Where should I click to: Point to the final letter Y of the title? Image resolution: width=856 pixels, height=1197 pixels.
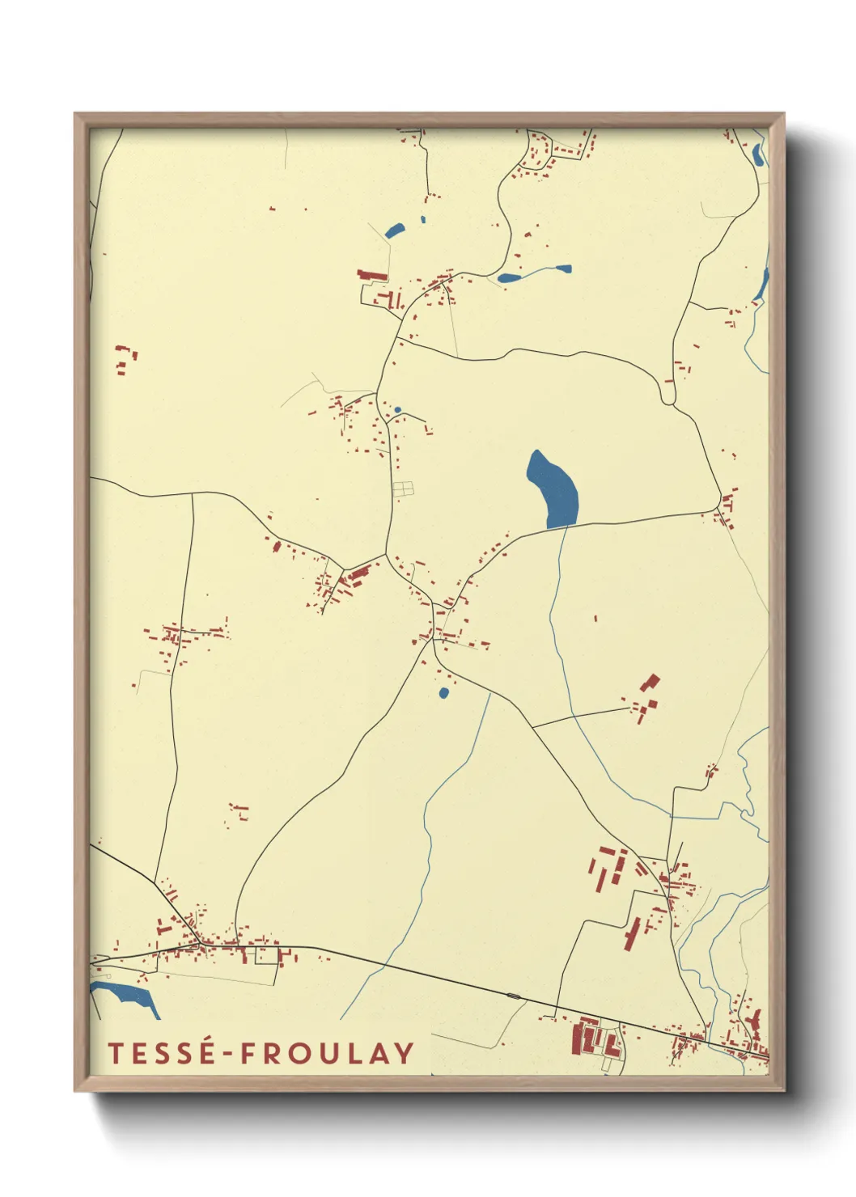click(404, 1053)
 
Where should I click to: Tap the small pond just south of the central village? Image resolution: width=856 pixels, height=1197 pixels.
click(443, 693)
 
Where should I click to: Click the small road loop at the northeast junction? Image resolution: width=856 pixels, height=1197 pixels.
click(668, 395)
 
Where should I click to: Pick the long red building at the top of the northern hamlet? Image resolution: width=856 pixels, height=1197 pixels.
click(372, 276)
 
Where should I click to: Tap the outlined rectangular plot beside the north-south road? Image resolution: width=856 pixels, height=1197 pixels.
click(403, 489)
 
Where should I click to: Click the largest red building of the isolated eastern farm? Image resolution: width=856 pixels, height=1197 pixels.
click(650, 682)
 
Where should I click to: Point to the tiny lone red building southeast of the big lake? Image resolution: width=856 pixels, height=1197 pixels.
click(596, 619)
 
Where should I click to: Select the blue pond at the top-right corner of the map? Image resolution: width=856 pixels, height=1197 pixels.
click(757, 154)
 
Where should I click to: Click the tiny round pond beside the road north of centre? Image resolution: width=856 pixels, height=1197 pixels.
click(397, 410)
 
